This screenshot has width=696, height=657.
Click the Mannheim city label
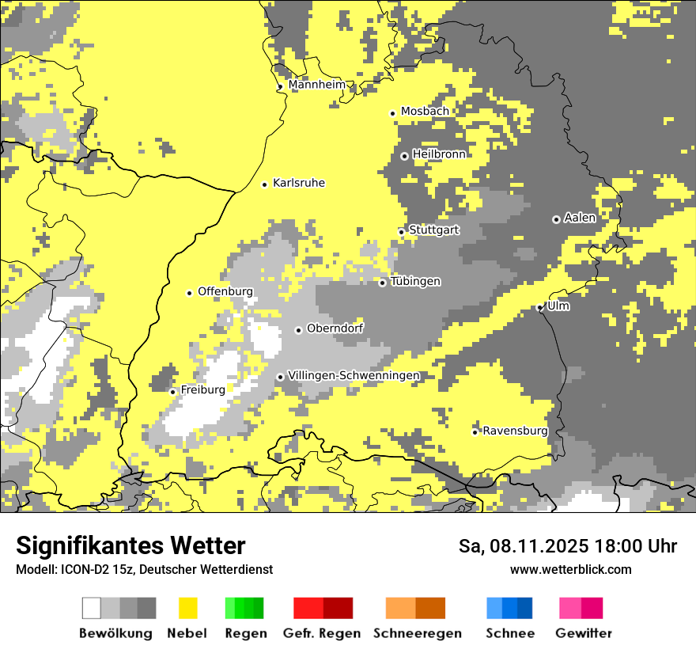pos(317,85)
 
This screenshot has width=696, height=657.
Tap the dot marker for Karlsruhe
pos(265,184)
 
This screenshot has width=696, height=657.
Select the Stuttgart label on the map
pos(434,230)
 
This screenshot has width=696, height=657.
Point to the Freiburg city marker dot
pos(172,392)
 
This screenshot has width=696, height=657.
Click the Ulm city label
pos(558,306)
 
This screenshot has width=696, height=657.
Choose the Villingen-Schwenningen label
pos(354,375)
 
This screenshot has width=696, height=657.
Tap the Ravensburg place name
pos(515,431)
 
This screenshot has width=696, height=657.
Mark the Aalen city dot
pos(556,219)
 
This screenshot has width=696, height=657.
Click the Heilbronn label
pos(439,154)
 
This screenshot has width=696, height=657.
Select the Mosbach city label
pos(425,112)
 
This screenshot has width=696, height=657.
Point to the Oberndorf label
pos(335,328)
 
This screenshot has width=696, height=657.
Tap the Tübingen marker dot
pos(382,283)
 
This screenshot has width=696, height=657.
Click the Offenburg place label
pos(225,291)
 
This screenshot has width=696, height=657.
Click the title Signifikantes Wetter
pos(130,545)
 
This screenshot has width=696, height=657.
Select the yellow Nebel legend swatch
pos(188,608)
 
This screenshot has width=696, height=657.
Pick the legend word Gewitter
pos(584,633)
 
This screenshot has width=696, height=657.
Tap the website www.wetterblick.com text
pos(571,569)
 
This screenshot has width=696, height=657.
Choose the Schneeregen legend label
pos(417,633)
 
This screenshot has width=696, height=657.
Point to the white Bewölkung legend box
pos(92,608)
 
